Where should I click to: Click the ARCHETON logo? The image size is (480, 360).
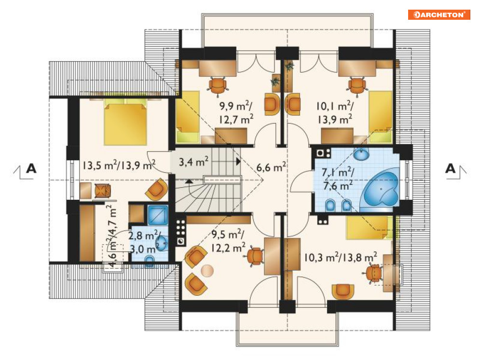[x=439, y=14]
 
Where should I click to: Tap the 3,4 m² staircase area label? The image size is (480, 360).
[x=193, y=161]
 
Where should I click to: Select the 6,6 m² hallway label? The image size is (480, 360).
[x=271, y=167]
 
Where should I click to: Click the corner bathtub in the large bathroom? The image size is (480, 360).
[x=381, y=189]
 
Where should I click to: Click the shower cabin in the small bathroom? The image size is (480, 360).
[x=158, y=215]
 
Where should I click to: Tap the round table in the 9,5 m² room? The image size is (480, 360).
[x=207, y=271]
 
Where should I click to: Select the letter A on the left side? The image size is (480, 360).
[x=31, y=168]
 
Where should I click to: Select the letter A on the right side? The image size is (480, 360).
[x=450, y=168]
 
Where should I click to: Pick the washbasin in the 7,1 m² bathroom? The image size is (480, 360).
[x=362, y=153]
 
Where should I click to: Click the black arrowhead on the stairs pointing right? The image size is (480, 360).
[x=238, y=161]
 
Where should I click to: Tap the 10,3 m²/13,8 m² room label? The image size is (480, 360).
[x=340, y=257]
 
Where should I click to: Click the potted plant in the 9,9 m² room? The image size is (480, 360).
[x=275, y=82]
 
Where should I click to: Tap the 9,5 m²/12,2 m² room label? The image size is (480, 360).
[x=228, y=241]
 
